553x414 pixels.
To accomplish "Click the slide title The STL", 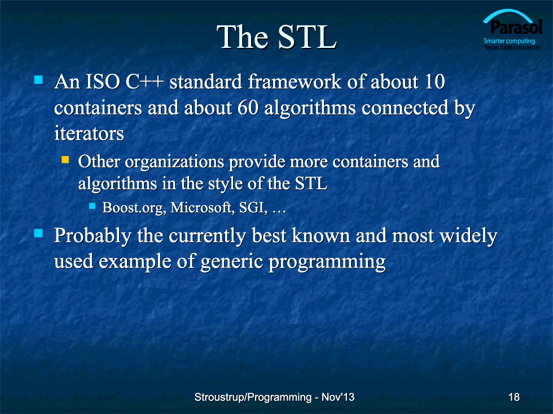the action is (277, 37).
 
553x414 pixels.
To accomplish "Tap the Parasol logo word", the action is (516, 27).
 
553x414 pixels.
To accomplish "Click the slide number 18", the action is (514, 397).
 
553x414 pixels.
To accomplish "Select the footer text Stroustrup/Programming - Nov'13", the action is (274, 397).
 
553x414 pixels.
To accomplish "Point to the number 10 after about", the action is (434, 82).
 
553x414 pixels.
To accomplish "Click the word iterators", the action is (89, 133).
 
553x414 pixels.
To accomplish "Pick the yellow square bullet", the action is (65, 160).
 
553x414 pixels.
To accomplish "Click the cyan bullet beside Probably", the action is (38, 233).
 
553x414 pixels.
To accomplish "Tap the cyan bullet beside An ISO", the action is (38, 79).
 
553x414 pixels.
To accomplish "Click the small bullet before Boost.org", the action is (93, 206).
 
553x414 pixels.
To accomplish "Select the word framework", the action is (295, 82).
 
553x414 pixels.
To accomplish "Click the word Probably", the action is (93, 236).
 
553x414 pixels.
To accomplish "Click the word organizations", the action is (174, 162).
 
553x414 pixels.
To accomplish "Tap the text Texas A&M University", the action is (512, 47).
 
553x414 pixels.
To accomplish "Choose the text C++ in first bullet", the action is (144, 82).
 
